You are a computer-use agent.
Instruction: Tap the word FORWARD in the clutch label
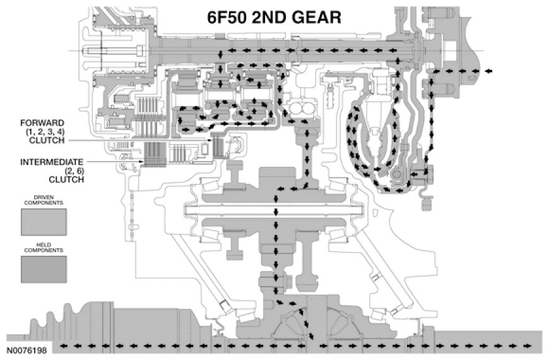tap(40, 123)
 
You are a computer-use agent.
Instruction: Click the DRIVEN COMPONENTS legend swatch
tap(45, 223)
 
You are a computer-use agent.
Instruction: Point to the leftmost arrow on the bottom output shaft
tap(62, 347)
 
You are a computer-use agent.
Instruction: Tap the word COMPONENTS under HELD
tap(45, 250)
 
